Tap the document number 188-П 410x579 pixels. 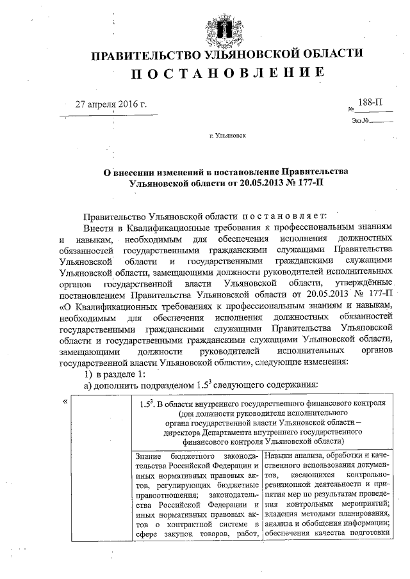[x=371, y=102]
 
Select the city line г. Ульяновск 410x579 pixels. [x=226, y=136]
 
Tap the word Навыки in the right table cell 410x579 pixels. [x=280, y=456]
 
